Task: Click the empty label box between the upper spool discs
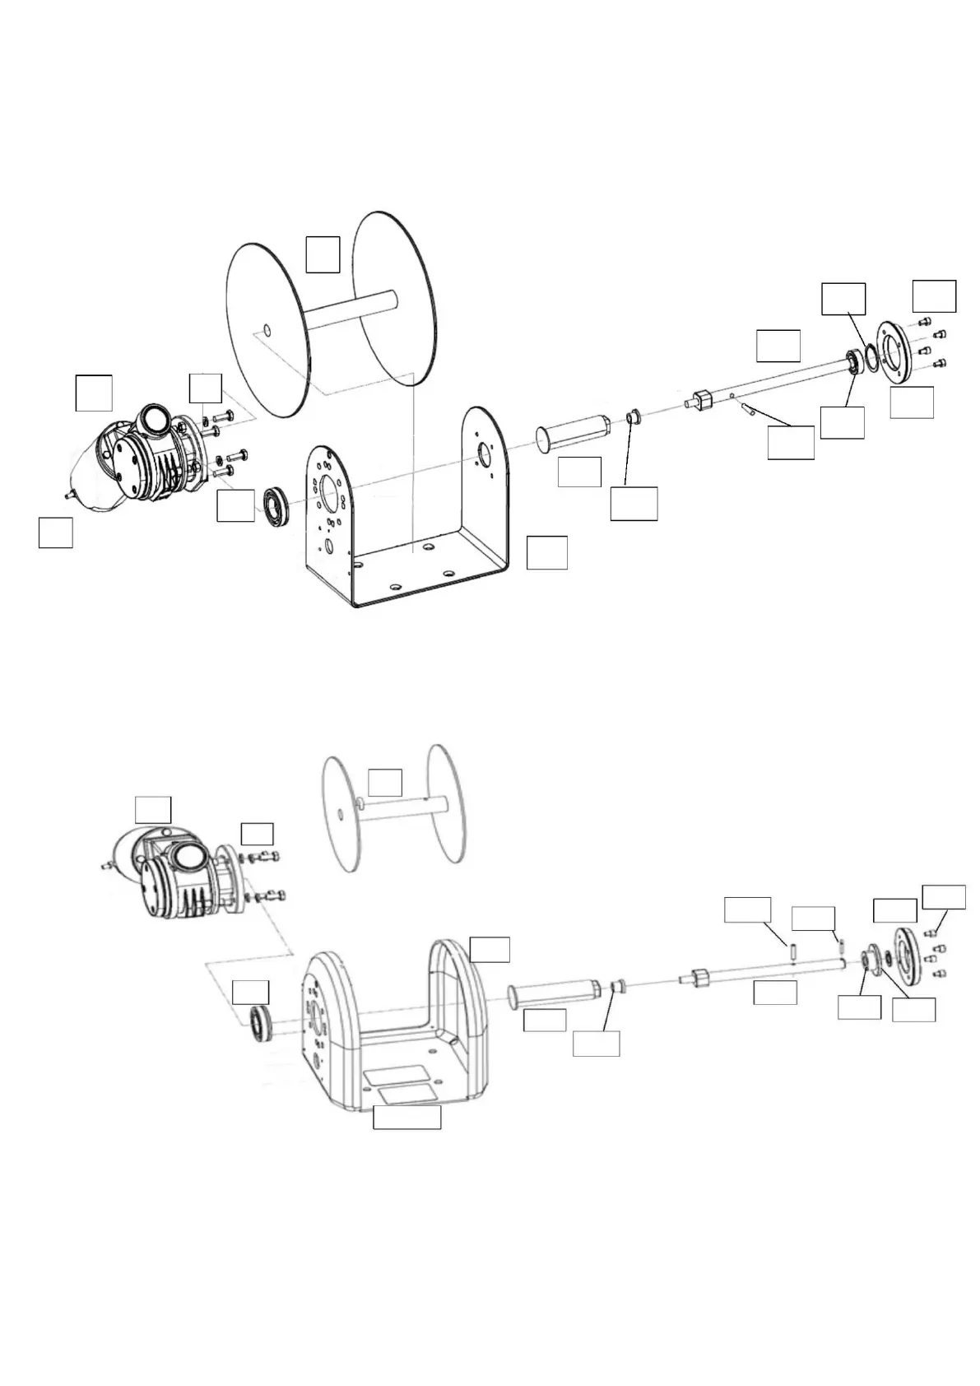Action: [323, 254]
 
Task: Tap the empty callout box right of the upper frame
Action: [546, 552]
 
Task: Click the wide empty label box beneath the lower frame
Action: [406, 1117]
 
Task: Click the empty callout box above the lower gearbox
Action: [153, 809]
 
